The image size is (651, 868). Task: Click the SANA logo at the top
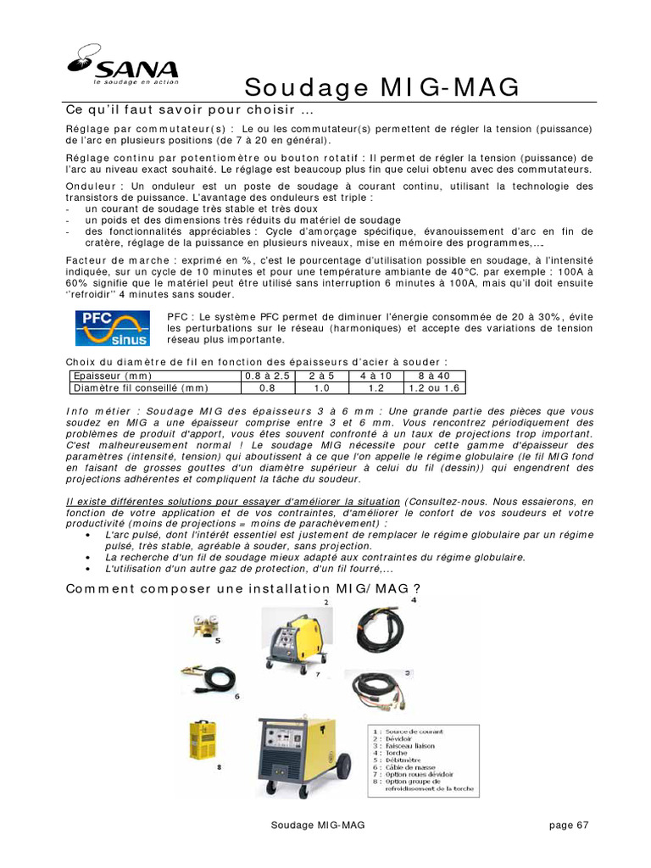pos(123,67)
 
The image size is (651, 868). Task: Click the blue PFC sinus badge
pos(112,328)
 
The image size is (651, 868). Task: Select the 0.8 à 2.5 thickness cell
pos(267,376)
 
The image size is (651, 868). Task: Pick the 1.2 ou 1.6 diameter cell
pos(432,388)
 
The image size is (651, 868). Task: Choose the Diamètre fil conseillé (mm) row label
pos(141,388)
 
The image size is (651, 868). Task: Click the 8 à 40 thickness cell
pos(432,376)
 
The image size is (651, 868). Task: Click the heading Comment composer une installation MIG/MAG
pos(243,588)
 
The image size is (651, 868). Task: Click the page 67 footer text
pos(568,825)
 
